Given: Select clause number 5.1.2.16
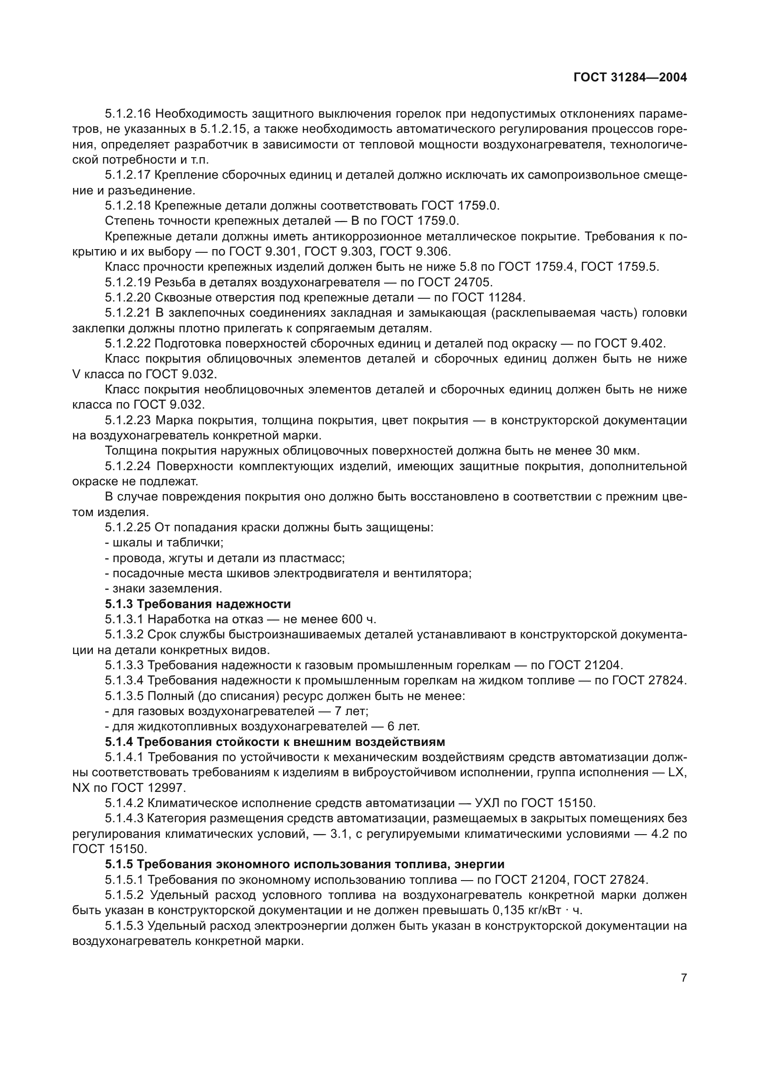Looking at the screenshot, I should tap(127, 114).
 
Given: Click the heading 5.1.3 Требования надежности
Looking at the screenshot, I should tap(198, 604).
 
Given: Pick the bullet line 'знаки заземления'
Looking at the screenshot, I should tap(164, 589).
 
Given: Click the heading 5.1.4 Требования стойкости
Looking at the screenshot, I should tap(275, 742).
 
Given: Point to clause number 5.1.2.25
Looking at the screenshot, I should tap(127, 528).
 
